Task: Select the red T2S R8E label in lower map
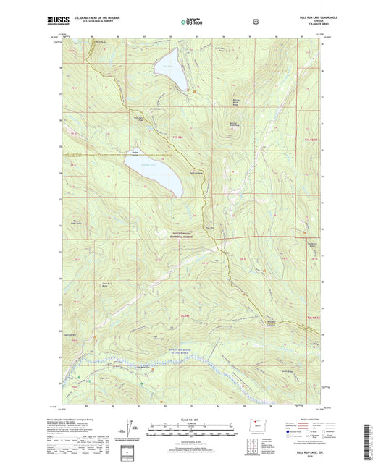pos(183,316)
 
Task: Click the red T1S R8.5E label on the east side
pos(311,139)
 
